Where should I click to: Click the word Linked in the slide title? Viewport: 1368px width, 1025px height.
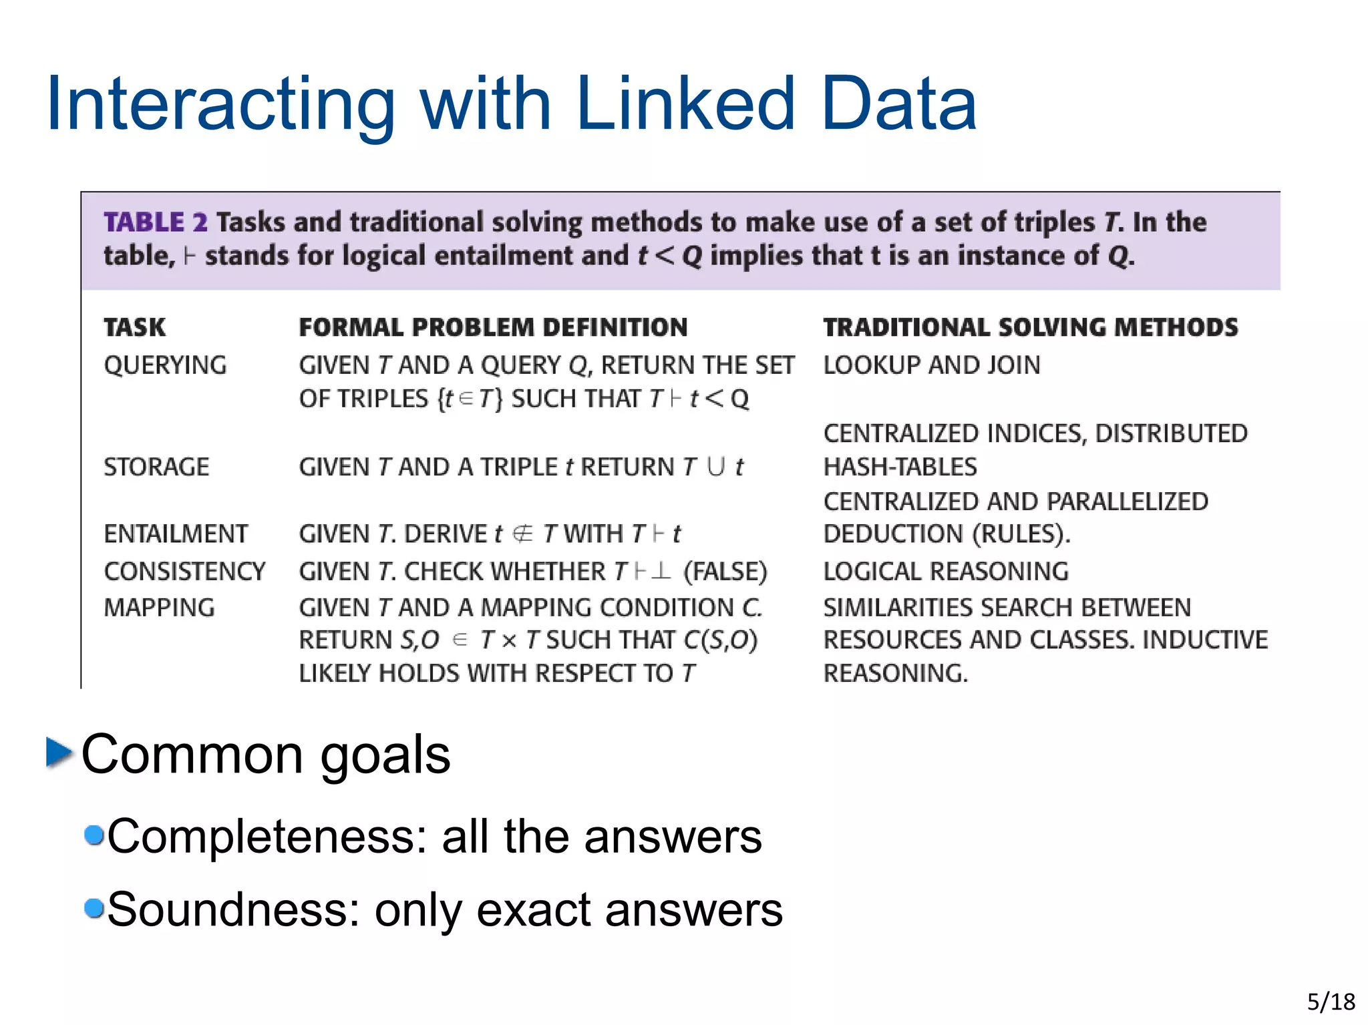tap(685, 104)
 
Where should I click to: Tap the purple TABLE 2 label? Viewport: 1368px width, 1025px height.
tap(155, 222)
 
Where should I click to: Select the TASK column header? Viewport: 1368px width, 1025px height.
tap(134, 327)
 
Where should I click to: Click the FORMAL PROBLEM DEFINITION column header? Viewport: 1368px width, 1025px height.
tap(493, 327)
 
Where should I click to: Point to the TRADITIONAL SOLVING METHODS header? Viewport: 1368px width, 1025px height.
tap(1030, 327)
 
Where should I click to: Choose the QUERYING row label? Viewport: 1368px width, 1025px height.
tap(165, 365)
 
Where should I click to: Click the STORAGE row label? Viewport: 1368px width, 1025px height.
tap(156, 467)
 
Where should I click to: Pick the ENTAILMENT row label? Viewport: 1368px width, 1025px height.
tap(176, 534)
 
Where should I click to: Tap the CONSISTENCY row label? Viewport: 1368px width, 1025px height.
tap(184, 572)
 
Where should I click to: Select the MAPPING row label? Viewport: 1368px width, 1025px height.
tap(159, 608)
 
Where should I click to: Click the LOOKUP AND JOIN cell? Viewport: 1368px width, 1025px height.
tap(931, 365)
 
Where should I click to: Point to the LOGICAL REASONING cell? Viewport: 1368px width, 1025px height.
tap(945, 572)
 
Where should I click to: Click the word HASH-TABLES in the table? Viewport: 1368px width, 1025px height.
tap(900, 467)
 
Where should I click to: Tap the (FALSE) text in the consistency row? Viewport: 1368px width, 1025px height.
tap(725, 572)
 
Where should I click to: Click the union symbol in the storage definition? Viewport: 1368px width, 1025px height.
tap(715, 466)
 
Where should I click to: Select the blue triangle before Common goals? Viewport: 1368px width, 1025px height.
tap(59, 753)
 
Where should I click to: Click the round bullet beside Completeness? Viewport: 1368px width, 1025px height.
tap(94, 835)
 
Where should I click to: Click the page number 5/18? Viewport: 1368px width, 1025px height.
tap(1331, 1002)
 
